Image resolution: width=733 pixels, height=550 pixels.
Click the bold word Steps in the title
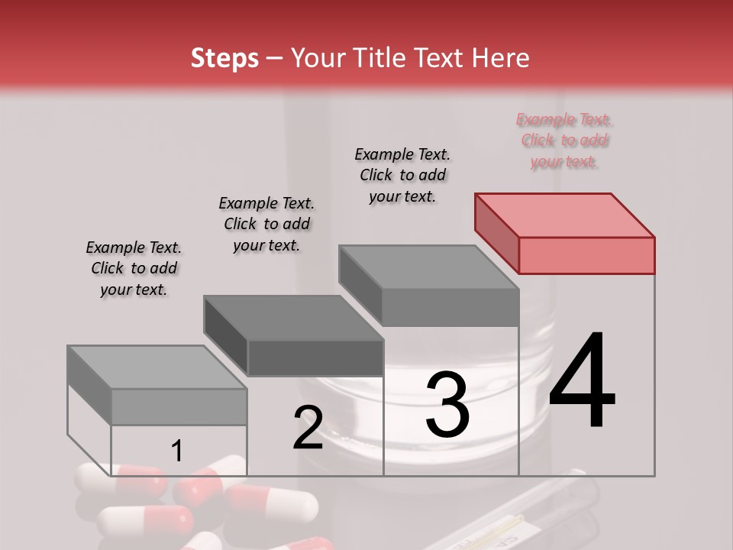pyautogui.click(x=224, y=58)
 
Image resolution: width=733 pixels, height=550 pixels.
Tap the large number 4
pyautogui.click(x=582, y=381)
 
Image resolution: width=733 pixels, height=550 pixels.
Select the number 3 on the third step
pyautogui.click(x=447, y=404)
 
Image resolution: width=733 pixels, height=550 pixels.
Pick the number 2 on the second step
pyautogui.click(x=308, y=428)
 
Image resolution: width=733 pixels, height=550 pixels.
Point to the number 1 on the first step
pyautogui.click(x=176, y=451)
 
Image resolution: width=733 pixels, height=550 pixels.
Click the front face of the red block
pyautogui.click(x=586, y=255)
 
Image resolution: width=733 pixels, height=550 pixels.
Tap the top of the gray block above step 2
pyautogui.click(x=293, y=318)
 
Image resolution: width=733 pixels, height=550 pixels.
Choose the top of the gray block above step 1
pyautogui.click(x=157, y=367)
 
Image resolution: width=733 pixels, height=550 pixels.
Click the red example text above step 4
pyautogui.click(x=564, y=141)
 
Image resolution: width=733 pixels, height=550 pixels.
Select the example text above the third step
pyautogui.click(x=402, y=175)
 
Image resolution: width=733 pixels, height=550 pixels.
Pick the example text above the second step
pyautogui.click(x=266, y=224)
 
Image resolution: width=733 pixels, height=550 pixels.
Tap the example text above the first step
pyautogui.click(x=134, y=268)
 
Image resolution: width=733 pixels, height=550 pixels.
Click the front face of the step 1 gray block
pyautogui.click(x=179, y=406)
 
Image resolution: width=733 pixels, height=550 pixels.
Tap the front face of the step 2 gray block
pyautogui.click(x=315, y=357)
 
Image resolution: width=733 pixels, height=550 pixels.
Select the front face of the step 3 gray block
pyautogui.click(x=450, y=308)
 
